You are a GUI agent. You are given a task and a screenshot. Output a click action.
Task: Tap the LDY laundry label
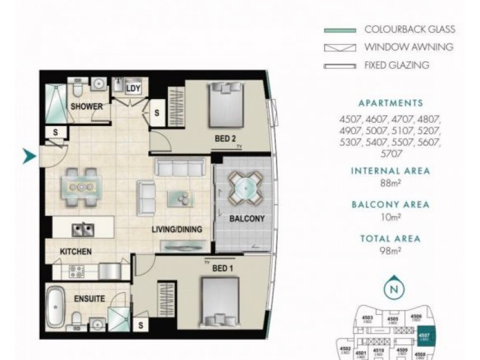[133, 88]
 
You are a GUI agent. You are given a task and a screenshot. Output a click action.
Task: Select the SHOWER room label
[87, 107]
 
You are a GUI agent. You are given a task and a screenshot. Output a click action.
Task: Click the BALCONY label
[247, 218]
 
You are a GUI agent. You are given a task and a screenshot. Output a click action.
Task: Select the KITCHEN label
[76, 251]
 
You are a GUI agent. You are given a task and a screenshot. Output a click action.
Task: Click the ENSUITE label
[91, 298]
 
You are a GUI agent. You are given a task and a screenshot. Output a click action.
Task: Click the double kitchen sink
[82, 229]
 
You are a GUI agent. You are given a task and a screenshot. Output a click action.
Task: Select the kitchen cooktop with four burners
[76, 271]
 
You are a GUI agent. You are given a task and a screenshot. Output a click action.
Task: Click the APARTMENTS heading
[390, 103]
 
